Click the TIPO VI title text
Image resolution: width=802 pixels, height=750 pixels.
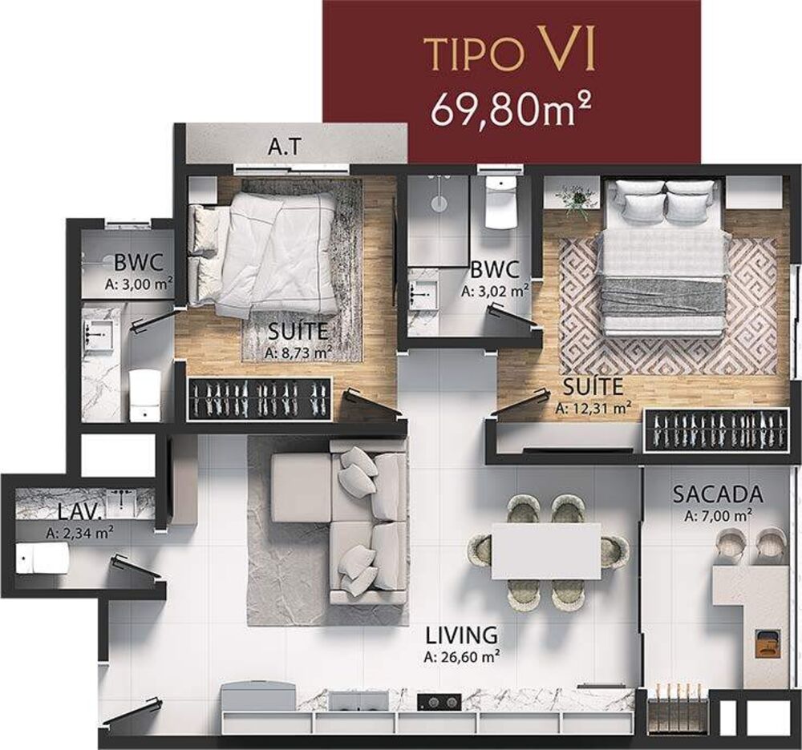point(510,54)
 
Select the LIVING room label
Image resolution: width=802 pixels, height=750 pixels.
point(461,635)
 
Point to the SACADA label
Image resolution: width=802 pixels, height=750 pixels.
point(717,494)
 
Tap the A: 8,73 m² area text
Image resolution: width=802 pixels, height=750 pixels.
point(298,350)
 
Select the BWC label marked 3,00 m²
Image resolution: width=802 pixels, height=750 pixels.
point(139,262)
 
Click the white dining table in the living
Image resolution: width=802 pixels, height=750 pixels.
point(545,550)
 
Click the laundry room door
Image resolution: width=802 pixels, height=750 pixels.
point(136,568)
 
